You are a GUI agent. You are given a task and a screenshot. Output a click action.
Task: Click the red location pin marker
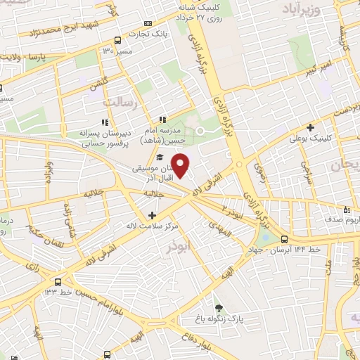click(x=181, y=166)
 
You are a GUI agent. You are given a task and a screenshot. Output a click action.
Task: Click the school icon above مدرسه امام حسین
click(x=162, y=120)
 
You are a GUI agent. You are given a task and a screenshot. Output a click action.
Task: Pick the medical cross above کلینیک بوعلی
click(x=309, y=128)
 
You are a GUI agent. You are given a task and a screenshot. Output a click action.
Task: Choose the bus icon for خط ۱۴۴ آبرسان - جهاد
click(x=284, y=239)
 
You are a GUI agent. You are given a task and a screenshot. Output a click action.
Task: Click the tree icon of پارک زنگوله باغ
click(x=220, y=308)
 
